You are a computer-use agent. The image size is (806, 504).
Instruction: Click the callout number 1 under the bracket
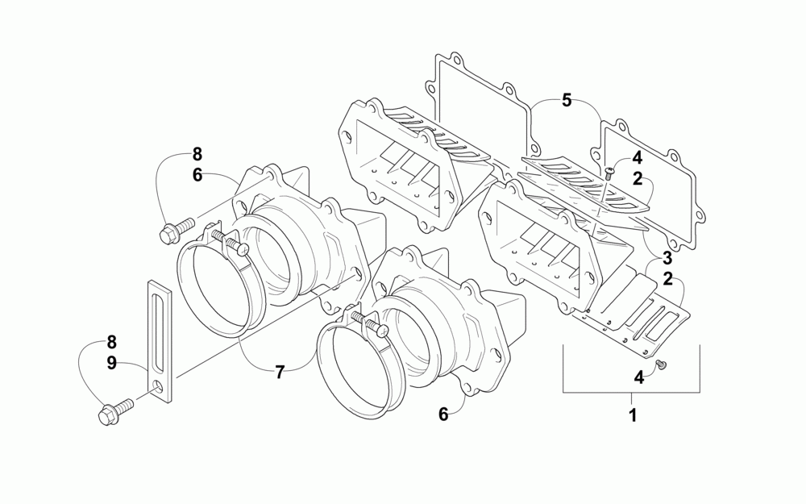tap(633, 416)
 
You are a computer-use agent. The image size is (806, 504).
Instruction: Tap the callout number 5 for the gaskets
tap(567, 101)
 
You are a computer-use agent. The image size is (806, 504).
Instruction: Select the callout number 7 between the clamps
tap(280, 372)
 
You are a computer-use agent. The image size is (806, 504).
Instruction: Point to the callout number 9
tap(112, 364)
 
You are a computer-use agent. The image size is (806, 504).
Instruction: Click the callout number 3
tap(667, 259)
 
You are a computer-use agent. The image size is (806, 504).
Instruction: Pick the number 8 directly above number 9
tap(112, 341)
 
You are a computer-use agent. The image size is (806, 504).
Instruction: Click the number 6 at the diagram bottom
tap(442, 414)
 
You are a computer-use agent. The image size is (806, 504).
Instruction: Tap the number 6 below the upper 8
tap(197, 174)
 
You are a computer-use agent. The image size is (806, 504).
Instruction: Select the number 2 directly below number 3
tap(667, 279)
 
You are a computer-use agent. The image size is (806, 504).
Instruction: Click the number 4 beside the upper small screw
tap(637, 158)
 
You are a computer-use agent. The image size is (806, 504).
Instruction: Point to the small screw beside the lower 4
tap(661, 366)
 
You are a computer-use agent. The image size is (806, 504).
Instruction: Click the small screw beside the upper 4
tap(609, 172)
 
